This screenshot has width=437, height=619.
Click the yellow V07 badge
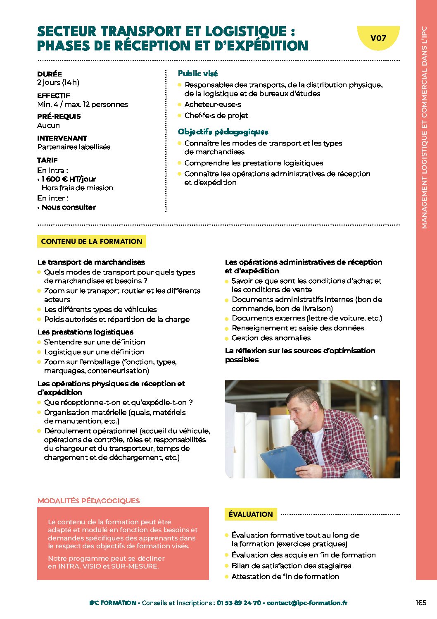point(378,38)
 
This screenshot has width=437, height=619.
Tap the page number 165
point(420,602)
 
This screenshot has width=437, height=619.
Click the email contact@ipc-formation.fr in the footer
point(307,603)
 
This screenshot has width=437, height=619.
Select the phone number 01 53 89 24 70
point(239,603)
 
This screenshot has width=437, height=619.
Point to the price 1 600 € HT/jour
point(69,179)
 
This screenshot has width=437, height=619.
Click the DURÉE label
point(50,74)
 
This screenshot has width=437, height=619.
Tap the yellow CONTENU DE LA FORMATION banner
point(92,241)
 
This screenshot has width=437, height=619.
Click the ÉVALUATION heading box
point(251,514)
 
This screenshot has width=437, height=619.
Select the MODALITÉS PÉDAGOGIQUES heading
point(88,501)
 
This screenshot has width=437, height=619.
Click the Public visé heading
point(198,74)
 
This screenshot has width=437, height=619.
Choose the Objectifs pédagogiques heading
point(223,132)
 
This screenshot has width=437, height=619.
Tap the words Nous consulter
point(69,207)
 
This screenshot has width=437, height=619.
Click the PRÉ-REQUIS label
point(59,116)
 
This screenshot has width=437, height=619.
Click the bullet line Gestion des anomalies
point(271,338)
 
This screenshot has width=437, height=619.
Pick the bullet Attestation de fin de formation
point(285,576)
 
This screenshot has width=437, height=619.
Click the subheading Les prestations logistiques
point(85,332)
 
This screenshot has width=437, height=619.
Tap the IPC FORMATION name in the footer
point(113,603)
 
